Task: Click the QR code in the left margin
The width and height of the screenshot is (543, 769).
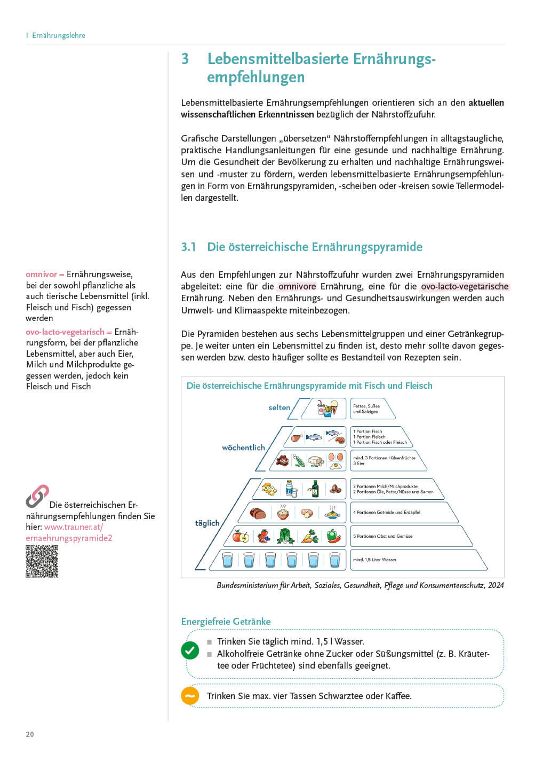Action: click(x=42, y=561)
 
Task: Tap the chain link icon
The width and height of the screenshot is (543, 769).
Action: click(x=37, y=496)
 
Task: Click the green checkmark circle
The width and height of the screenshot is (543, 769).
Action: click(x=190, y=650)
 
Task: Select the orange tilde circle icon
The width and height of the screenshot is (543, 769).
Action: click(x=190, y=696)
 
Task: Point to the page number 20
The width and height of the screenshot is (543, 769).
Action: click(x=30, y=734)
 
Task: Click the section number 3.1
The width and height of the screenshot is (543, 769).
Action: click(x=188, y=247)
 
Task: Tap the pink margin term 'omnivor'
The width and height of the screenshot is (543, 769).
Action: click(x=41, y=274)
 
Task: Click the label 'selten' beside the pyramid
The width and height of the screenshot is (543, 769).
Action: click(x=279, y=407)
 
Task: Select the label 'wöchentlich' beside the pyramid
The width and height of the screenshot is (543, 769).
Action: click(x=243, y=448)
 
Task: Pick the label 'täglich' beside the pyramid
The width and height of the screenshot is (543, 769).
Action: click(x=207, y=523)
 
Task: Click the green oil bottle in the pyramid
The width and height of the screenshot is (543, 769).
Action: click(x=315, y=489)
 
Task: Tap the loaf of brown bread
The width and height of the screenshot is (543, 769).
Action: click(x=258, y=514)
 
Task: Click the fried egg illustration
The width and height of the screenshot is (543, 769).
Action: click(x=336, y=465)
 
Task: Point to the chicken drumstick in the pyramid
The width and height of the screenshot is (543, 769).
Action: click(x=296, y=438)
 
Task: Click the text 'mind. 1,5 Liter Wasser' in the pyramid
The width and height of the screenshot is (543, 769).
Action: click(x=374, y=560)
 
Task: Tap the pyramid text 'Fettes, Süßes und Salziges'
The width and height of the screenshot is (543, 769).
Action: click(x=366, y=409)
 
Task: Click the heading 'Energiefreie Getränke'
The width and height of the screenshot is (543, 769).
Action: click(x=226, y=622)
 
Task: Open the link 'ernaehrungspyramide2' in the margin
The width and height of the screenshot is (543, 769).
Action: click(x=69, y=538)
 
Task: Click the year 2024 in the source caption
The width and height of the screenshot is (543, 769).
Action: click(x=496, y=585)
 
